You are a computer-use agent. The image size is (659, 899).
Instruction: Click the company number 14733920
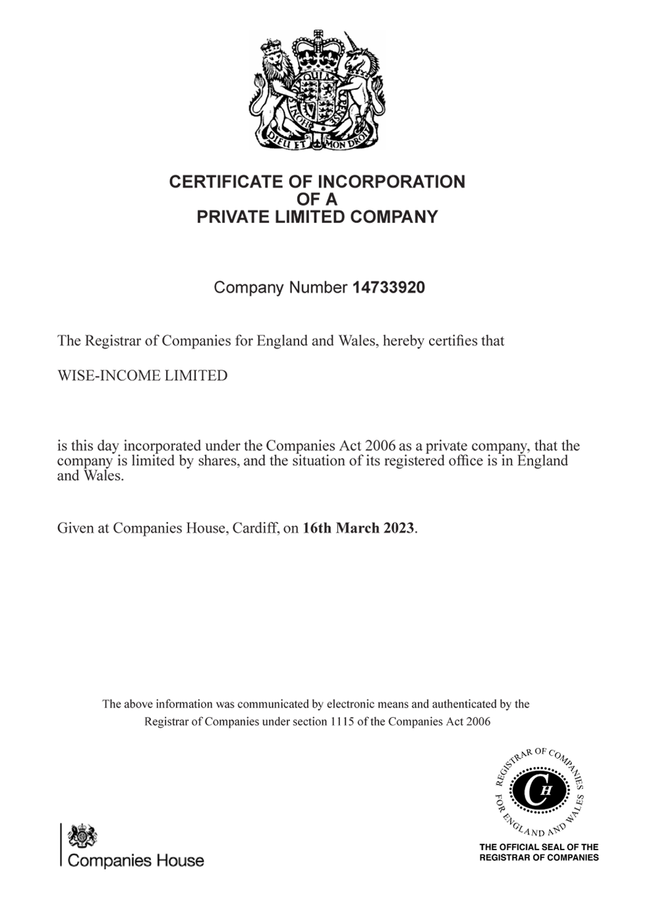tap(389, 288)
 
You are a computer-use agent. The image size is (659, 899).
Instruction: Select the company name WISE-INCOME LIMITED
tap(142, 376)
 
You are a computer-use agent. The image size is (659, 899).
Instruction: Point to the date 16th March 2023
tap(358, 528)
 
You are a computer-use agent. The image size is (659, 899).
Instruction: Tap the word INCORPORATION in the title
tap(391, 182)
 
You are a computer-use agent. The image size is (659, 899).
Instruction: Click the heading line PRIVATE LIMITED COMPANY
tap(317, 217)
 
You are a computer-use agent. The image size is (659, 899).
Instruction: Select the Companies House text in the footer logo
tap(136, 861)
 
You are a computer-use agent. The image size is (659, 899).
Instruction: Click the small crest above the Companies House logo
tap(82, 836)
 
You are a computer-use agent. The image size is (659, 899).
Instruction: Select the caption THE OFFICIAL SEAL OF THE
tap(539, 847)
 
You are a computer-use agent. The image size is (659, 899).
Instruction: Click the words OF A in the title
tap(317, 199)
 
